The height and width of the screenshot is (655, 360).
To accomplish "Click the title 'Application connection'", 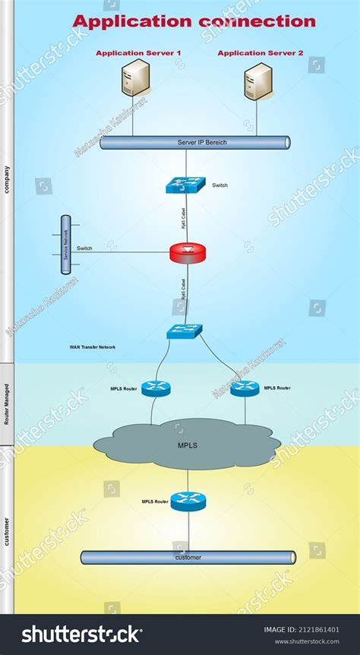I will click(194, 21).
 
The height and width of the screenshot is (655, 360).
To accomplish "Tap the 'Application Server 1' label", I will click(138, 53).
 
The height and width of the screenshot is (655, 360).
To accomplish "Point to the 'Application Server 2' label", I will click(261, 53).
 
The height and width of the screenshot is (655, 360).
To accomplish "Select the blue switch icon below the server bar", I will click(185, 185).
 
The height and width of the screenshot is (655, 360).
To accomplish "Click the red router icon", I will click(188, 253).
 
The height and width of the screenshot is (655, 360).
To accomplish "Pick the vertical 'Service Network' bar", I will click(66, 245).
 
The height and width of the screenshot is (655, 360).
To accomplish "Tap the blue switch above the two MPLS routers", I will click(185, 332).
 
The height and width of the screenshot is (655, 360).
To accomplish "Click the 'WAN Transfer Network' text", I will click(93, 346).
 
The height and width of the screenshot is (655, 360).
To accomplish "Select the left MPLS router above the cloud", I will click(156, 388).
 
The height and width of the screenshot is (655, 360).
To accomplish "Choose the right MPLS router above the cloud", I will click(245, 388).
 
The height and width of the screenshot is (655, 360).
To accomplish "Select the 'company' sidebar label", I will click(7, 180).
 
